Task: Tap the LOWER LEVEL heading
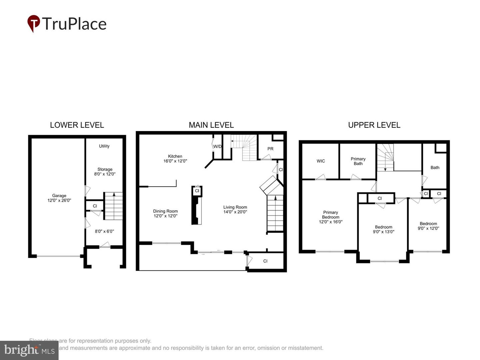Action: [77, 125]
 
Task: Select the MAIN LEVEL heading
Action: [211, 125]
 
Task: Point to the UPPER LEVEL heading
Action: [374, 125]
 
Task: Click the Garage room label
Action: [59, 198]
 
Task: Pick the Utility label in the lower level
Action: [104, 146]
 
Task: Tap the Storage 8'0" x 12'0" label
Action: [105, 172]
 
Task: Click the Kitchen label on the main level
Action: [175, 158]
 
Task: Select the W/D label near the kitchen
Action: [217, 146]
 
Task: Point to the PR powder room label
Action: [270, 149]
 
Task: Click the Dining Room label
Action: [165, 213]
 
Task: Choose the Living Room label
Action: [235, 209]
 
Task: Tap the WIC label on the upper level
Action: [321, 161]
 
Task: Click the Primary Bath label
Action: [358, 161]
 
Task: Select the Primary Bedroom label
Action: [331, 217]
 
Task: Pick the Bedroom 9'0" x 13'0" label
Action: [383, 229]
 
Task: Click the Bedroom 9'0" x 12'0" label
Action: [428, 226]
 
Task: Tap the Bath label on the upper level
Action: [435, 167]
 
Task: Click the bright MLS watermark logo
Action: [29, 350]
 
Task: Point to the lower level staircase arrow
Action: [114, 195]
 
